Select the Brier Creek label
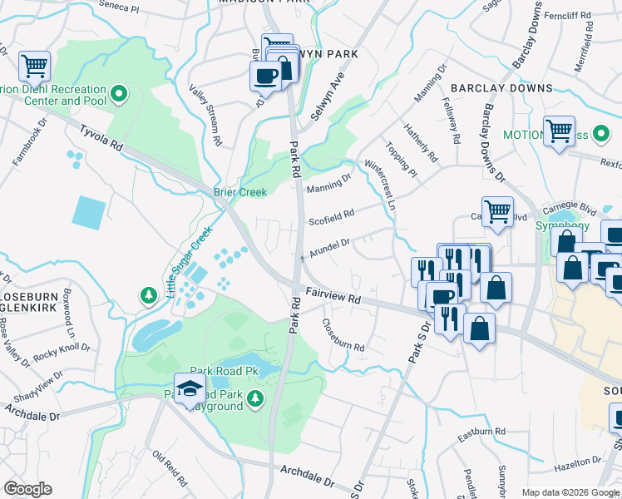[240, 192]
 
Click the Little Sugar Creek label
[189, 262]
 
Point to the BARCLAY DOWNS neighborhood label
[501, 87]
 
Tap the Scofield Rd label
[331, 218]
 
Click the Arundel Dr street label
[330, 248]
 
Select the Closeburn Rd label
[343, 335]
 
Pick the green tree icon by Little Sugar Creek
[148, 295]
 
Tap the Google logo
[27, 489]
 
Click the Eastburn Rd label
[482, 434]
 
